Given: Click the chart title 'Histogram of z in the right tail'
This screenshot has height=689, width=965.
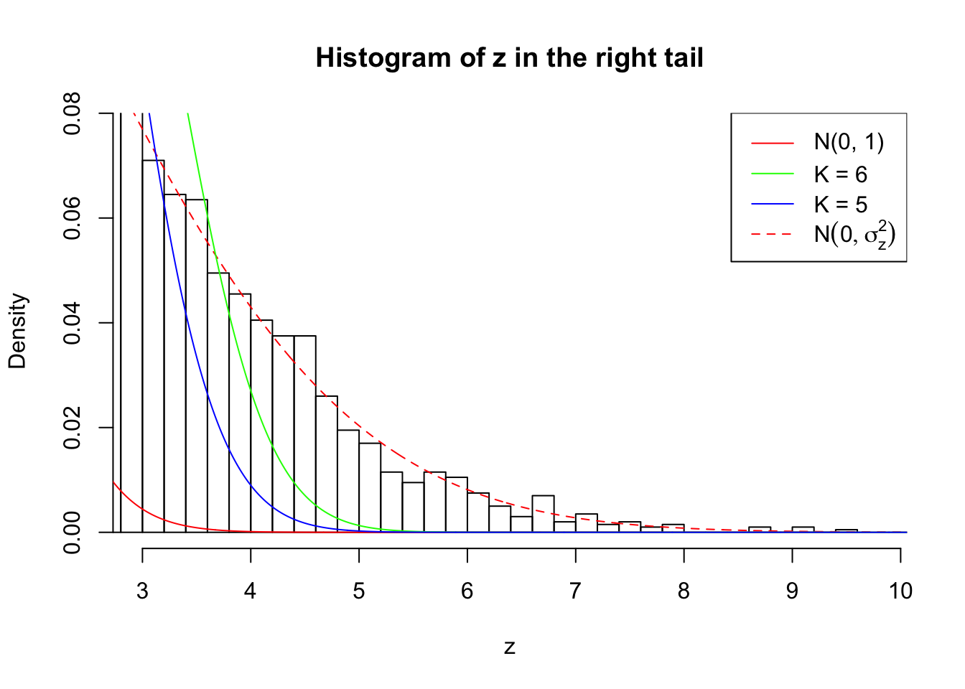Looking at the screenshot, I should (509, 57).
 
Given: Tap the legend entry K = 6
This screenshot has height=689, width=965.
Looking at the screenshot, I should (840, 174).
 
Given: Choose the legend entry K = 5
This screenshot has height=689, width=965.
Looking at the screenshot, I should (840, 205).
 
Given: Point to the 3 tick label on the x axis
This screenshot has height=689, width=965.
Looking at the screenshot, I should (142, 591).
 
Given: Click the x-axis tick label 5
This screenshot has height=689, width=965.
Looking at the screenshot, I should (359, 591).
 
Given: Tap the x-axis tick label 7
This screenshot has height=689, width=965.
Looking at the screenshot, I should (575, 591).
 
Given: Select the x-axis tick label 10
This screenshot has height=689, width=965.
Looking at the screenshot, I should (900, 591).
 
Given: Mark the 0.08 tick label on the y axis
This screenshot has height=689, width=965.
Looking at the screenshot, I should (73, 113).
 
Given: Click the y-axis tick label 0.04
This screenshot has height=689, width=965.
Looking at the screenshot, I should (73, 323).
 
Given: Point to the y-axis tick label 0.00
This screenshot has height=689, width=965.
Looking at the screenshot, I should (73, 532).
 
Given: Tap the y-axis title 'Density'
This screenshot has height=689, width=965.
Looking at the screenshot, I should (17, 331).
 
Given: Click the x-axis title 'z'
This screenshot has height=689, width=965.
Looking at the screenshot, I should (509, 647).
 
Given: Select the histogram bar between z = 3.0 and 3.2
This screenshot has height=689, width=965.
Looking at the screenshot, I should (153, 344).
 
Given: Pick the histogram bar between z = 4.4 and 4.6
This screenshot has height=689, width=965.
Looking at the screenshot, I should (305, 434).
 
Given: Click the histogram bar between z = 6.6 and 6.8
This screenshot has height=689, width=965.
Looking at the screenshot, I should (543, 514).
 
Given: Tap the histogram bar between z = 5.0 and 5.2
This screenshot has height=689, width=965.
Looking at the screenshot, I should (370, 488).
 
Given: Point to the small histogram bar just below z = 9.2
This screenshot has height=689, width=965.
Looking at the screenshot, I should (803, 530).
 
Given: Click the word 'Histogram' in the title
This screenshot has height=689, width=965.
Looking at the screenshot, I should (373, 57).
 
